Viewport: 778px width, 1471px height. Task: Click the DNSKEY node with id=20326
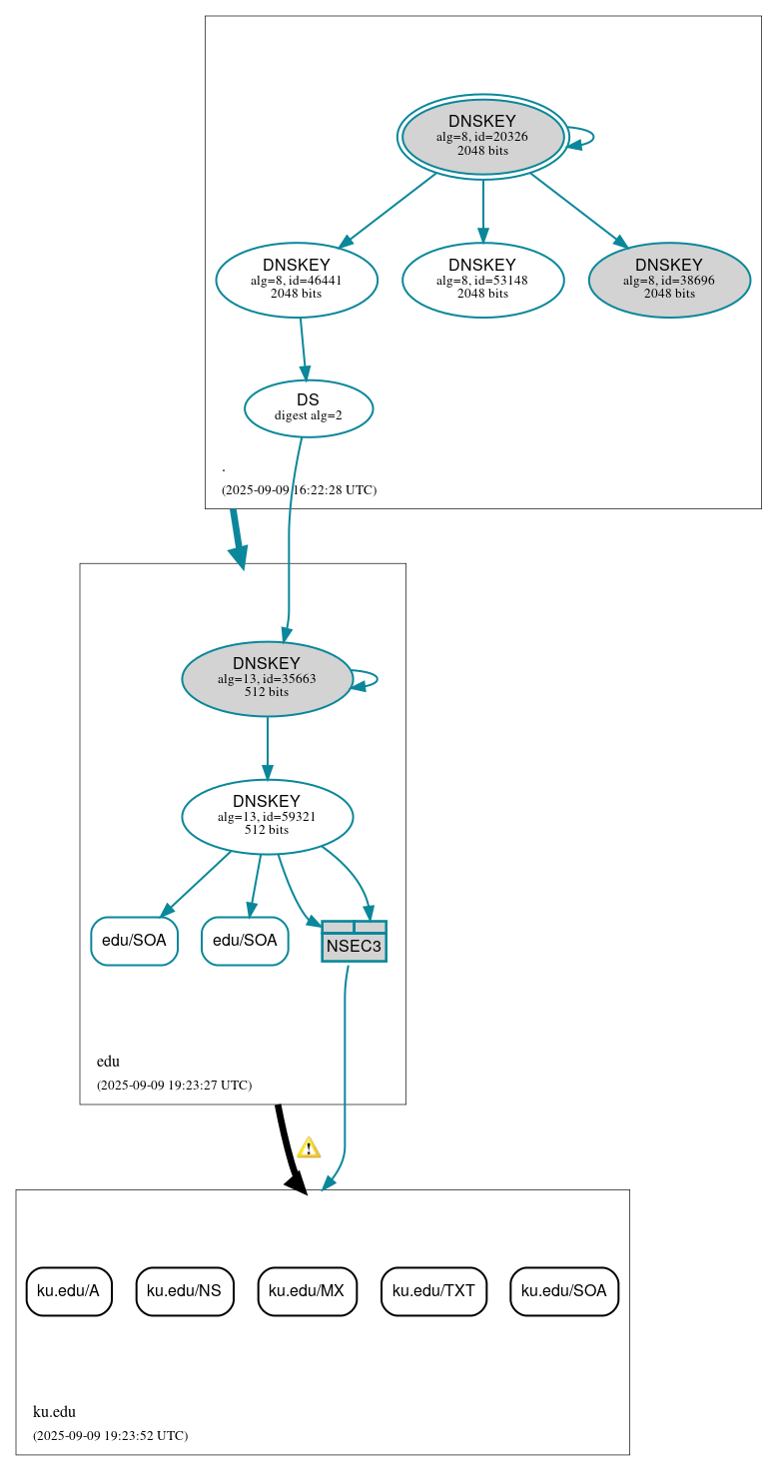(482, 137)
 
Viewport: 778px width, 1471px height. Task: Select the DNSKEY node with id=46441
(297, 280)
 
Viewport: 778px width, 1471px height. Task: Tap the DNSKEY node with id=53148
(482, 280)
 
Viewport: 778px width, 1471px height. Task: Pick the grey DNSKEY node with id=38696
(669, 280)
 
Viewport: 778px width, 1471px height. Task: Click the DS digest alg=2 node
(309, 407)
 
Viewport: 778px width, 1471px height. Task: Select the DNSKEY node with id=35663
(267, 678)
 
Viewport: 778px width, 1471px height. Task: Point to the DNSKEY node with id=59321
(267, 816)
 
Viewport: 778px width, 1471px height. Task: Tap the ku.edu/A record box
(69, 1290)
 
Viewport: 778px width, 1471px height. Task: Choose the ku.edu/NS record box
(184, 1290)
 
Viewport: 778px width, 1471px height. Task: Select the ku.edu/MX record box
(307, 1290)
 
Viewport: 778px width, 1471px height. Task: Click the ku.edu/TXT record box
(433, 1290)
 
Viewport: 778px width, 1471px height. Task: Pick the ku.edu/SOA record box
(564, 1290)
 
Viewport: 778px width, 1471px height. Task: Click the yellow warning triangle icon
(309, 1147)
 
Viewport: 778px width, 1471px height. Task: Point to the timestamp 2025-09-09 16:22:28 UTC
(299, 490)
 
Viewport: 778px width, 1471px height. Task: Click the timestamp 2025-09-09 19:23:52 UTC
(110, 1436)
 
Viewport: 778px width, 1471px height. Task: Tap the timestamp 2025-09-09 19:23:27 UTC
(174, 1086)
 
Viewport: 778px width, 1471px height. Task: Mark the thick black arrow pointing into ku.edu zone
(287, 1148)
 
